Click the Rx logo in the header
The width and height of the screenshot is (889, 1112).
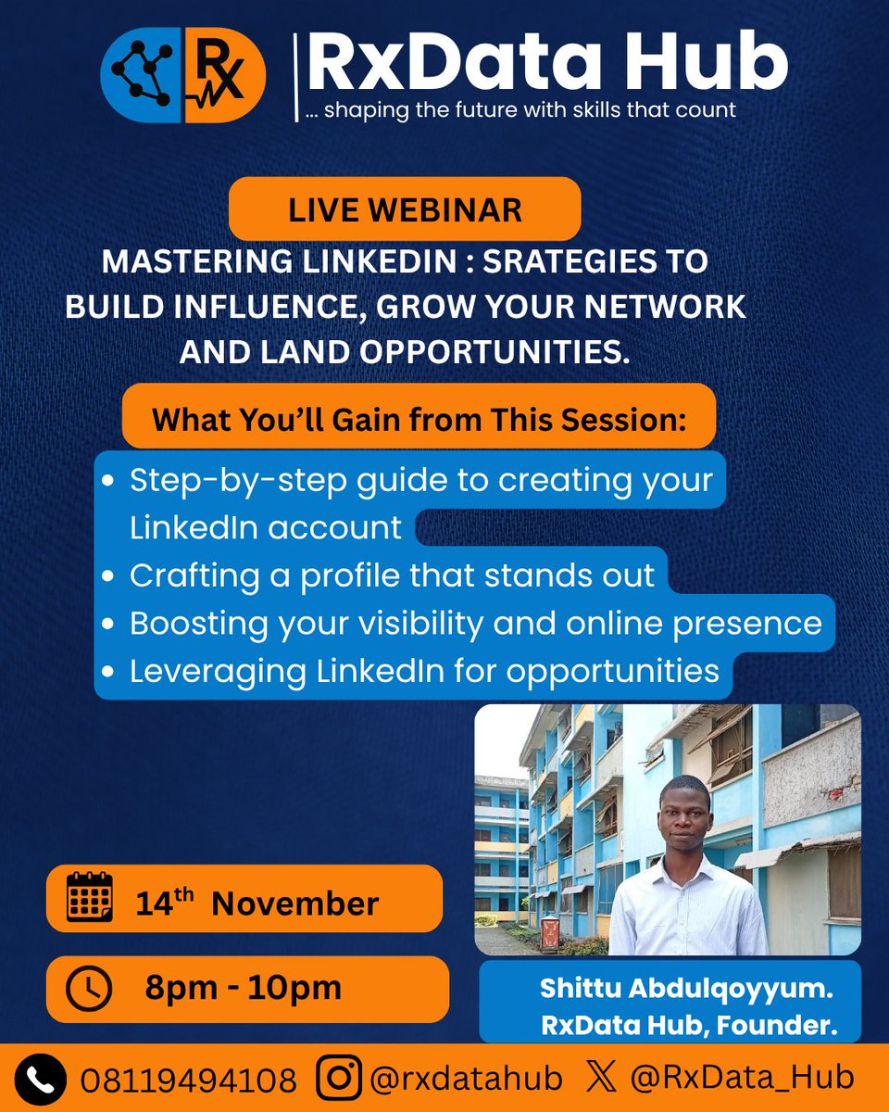(x=182, y=77)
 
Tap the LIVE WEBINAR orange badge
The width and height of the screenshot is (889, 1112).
(x=405, y=209)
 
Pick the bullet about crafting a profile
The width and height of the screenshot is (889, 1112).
(x=392, y=575)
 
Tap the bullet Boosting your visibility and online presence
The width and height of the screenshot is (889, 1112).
(x=475, y=623)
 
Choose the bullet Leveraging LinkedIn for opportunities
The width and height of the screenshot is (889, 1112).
(x=424, y=671)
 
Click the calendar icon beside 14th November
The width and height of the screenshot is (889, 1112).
(x=90, y=897)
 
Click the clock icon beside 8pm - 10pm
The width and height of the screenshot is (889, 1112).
(x=89, y=989)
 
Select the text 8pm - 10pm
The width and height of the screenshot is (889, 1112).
(x=243, y=988)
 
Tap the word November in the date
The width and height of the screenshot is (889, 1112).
(x=294, y=903)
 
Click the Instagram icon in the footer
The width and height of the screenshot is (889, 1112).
(x=339, y=1079)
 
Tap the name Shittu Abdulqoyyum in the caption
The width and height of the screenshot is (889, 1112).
(x=686, y=989)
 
